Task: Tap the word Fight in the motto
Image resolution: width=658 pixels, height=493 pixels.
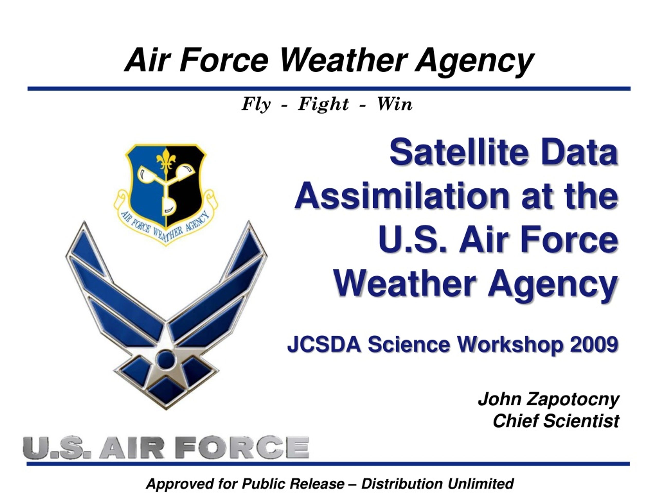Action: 323,104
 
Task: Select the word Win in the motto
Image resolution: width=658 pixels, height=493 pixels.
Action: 395,104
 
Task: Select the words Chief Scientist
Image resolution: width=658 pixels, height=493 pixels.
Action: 556,421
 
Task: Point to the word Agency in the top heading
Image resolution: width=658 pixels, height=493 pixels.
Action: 475,62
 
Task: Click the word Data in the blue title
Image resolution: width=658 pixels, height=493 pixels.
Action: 579,152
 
